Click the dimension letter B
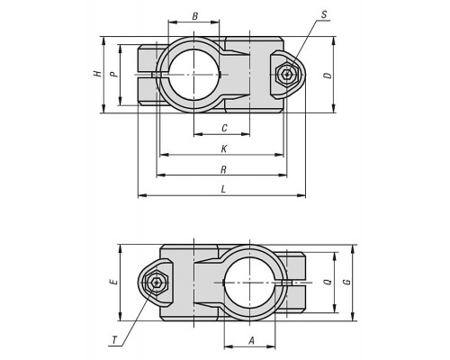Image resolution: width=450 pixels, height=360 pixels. point(195,16)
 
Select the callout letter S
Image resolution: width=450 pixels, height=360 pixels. point(324,14)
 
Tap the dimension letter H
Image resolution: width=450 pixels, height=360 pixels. point(97,74)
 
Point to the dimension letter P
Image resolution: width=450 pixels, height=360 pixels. point(113,74)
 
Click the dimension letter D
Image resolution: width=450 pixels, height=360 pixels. point(328,75)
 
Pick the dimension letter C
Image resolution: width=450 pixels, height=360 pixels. point(224,128)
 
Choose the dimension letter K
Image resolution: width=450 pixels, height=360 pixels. point(224,148)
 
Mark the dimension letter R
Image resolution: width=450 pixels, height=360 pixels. point(223,170)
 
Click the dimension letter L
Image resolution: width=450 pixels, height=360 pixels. point(223,190)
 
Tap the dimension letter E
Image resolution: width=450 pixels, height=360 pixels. point(113,282)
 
